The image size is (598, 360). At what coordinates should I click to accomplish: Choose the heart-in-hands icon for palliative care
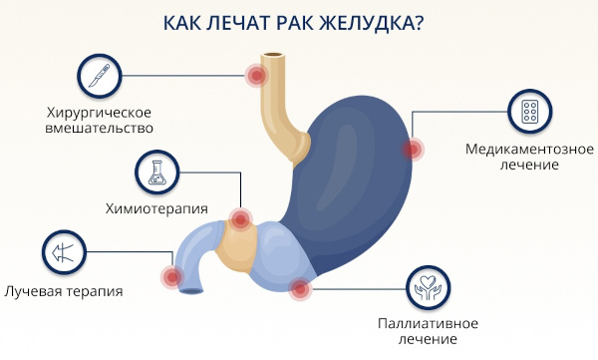click(429, 287)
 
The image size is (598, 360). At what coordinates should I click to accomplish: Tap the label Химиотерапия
click(156, 208)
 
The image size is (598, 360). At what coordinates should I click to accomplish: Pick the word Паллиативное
click(429, 323)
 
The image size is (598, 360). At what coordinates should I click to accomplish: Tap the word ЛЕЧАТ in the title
click(229, 22)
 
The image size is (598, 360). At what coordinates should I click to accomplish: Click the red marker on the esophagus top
click(256, 75)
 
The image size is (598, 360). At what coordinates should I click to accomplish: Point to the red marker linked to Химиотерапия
click(239, 219)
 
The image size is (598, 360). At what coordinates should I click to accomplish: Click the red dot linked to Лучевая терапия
click(171, 276)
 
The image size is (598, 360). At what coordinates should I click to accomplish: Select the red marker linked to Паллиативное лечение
click(299, 289)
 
